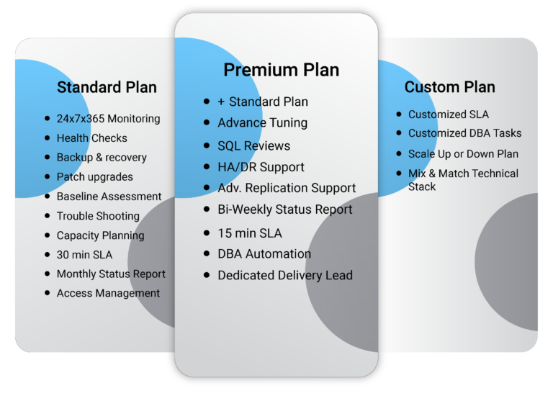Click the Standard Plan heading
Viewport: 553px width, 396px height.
(107, 87)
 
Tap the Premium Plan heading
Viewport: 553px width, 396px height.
(282, 70)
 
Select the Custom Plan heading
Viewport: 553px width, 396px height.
(449, 86)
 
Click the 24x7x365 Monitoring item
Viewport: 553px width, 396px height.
(108, 119)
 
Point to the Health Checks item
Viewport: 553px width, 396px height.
(92, 138)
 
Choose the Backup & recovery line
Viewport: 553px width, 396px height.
(102, 157)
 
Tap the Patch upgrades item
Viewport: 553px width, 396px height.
(95, 176)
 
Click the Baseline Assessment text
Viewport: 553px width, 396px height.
(109, 196)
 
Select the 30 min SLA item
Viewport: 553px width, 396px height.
(85, 255)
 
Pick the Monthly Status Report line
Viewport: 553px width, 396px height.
(111, 274)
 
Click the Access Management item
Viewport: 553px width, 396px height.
(108, 293)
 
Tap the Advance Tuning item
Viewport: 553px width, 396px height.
(262, 122)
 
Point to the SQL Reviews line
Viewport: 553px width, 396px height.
(254, 145)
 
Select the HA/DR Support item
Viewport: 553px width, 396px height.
(261, 167)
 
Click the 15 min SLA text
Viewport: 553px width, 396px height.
(250, 233)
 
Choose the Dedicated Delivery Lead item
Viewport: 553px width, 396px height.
(285, 275)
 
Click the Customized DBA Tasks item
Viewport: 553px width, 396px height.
(465, 133)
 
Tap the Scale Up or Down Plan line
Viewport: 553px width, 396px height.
(464, 154)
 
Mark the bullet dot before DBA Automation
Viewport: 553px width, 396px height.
(207, 253)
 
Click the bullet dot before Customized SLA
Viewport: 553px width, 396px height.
(399, 114)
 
